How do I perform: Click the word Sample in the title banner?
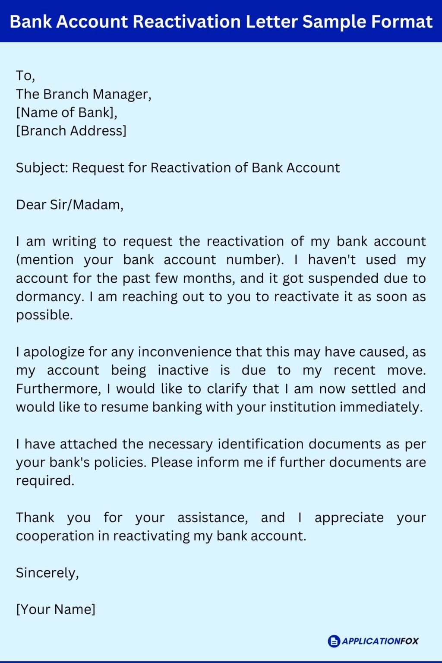(x=332, y=22)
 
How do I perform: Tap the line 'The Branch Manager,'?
(x=84, y=94)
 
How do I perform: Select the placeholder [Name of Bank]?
(x=66, y=113)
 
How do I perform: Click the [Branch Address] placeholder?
(x=71, y=131)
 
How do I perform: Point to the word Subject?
(x=42, y=168)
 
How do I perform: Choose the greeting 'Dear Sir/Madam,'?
(x=69, y=205)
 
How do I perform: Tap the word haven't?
(x=332, y=260)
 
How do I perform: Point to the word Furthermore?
(x=58, y=389)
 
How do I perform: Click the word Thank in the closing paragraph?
(x=35, y=518)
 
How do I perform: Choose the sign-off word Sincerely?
(x=47, y=573)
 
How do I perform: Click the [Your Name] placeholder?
(x=56, y=609)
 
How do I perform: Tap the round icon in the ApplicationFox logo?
(x=334, y=641)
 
